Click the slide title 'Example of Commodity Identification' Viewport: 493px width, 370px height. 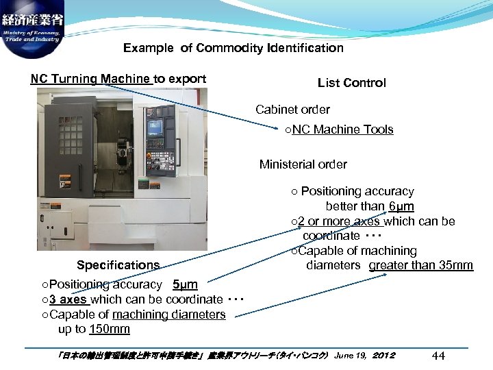(x=233, y=48)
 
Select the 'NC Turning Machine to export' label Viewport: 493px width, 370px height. (x=118, y=79)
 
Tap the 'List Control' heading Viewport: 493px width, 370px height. (x=351, y=83)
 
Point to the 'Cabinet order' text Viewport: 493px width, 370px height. (x=292, y=110)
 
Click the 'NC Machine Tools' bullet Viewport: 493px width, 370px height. (x=342, y=129)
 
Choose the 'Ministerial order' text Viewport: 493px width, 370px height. (x=303, y=164)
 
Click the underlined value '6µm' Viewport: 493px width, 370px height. (x=401, y=206)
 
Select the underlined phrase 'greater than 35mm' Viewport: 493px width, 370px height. (x=420, y=265)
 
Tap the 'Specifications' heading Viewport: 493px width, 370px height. (x=118, y=265)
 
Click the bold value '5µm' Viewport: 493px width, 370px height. (x=185, y=284)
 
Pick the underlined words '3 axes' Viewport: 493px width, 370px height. (x=68, y=299)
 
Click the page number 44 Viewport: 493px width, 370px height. (x=440, y=355)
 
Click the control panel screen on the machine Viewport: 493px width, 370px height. (x=155, y=127)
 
